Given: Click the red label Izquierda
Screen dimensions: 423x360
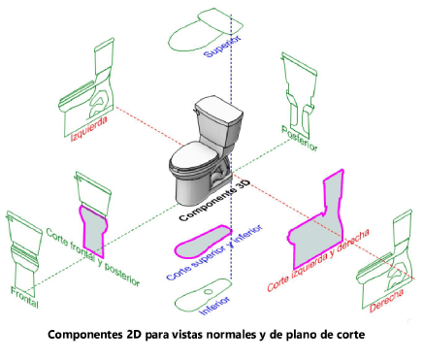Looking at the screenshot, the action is click(89, 129).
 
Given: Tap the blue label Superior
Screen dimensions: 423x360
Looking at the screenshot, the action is click(223, 47).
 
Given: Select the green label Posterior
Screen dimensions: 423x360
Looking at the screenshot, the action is click(300, 139).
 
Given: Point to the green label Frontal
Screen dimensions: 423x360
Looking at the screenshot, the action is click(25, 297).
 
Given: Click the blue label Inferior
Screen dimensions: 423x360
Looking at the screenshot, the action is click(215, 305).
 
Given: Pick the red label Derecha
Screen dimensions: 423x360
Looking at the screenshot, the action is click(387, 301).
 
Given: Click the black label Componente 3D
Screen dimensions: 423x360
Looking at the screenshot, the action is click(214, 201).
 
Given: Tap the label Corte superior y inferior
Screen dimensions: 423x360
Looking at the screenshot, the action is click(214, 252).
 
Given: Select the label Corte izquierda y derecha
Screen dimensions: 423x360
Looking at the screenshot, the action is click(318, 260).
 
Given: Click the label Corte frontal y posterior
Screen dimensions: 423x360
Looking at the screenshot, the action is click(93, 257).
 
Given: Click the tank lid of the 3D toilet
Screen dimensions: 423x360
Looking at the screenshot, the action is click(218, 110).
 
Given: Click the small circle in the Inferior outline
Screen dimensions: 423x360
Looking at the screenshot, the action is click(209, 292).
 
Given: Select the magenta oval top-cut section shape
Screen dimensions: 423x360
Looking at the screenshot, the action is click(203, 242).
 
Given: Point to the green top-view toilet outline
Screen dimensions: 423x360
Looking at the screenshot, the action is click(205, 30).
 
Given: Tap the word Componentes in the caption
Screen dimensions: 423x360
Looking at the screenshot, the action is click(85, 335).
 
